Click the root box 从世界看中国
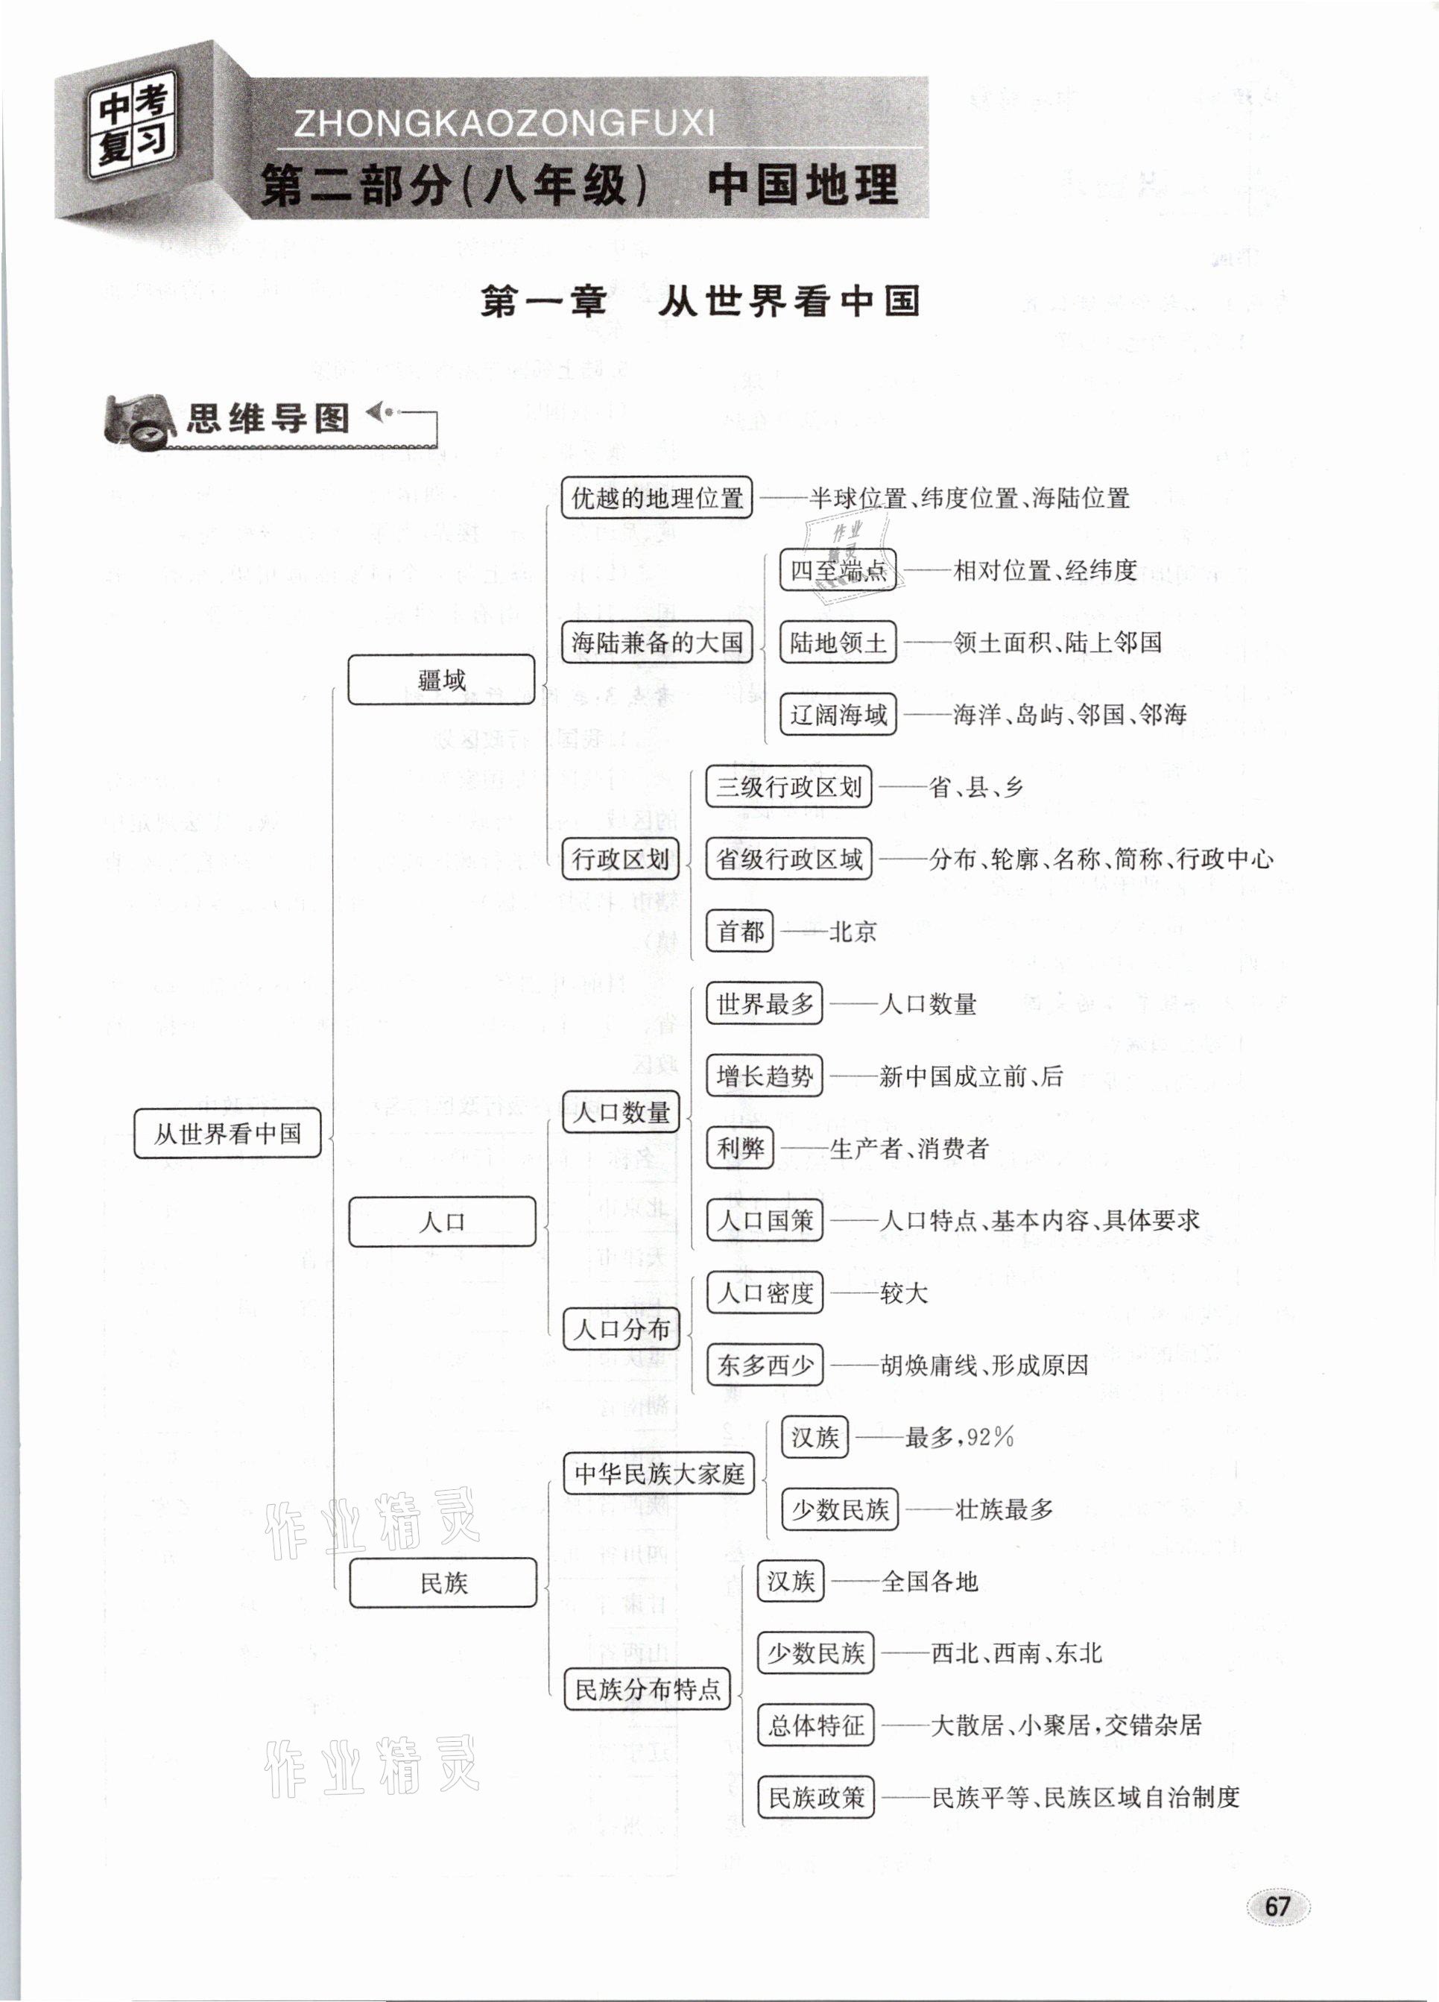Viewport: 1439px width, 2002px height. point(227,1134)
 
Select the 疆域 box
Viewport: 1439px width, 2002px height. point(441,680)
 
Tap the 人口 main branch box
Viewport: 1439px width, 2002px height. point(443,1222)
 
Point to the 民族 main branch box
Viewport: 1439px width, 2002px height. point(443,1582)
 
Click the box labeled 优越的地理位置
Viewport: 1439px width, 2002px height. point(657,499)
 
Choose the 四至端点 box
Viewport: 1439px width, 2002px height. point(838,570)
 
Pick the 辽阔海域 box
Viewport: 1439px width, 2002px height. point(838,714)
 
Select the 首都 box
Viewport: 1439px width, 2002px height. point(740,931)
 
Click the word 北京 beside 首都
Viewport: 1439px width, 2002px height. point(852,931)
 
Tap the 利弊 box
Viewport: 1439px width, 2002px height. point(740,1149)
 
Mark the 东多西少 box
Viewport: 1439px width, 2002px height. point(765,1365)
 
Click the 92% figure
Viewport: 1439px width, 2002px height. point(990,1437)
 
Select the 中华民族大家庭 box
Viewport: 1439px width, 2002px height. point(659,1474)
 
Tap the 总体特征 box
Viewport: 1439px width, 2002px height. point(816,1725)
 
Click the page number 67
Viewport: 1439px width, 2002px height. point(1277,1907)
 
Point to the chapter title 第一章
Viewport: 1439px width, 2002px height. point(543,302)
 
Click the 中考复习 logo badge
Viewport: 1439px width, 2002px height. point(133,125)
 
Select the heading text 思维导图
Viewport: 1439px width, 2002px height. point(268,418)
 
